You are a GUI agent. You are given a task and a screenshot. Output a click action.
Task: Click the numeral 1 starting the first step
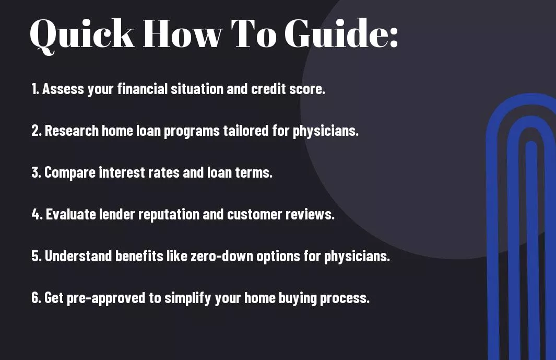tap(34, 89)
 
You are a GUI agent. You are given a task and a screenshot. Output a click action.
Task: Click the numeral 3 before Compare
tap(36, 172)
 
